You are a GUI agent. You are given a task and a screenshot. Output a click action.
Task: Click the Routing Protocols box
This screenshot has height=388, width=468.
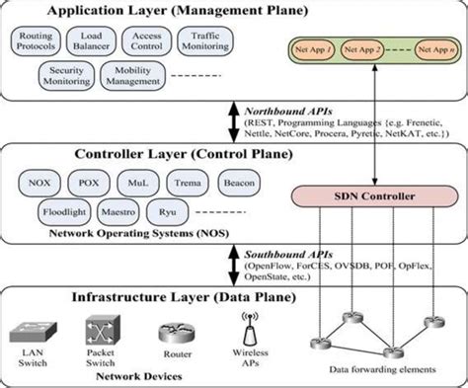[38, 41]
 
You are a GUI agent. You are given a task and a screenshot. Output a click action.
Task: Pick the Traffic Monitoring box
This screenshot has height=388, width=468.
[204, 41]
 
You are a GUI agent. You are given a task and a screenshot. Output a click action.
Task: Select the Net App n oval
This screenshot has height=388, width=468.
[433, 47]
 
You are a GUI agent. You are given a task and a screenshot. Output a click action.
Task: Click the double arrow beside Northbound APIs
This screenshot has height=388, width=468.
[233, 120]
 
